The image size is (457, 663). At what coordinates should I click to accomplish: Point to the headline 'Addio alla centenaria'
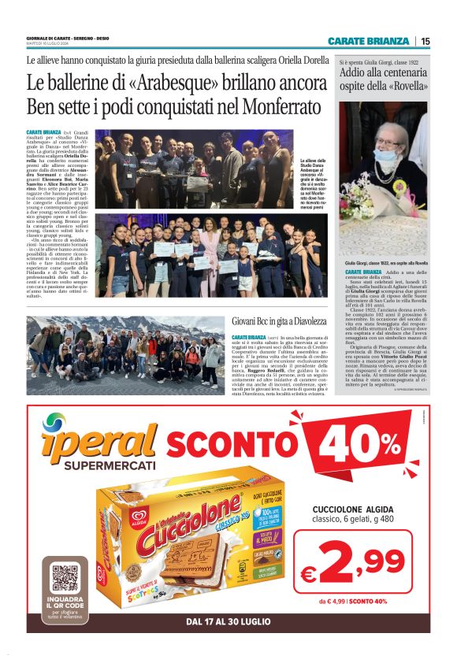(x=384, y=73)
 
